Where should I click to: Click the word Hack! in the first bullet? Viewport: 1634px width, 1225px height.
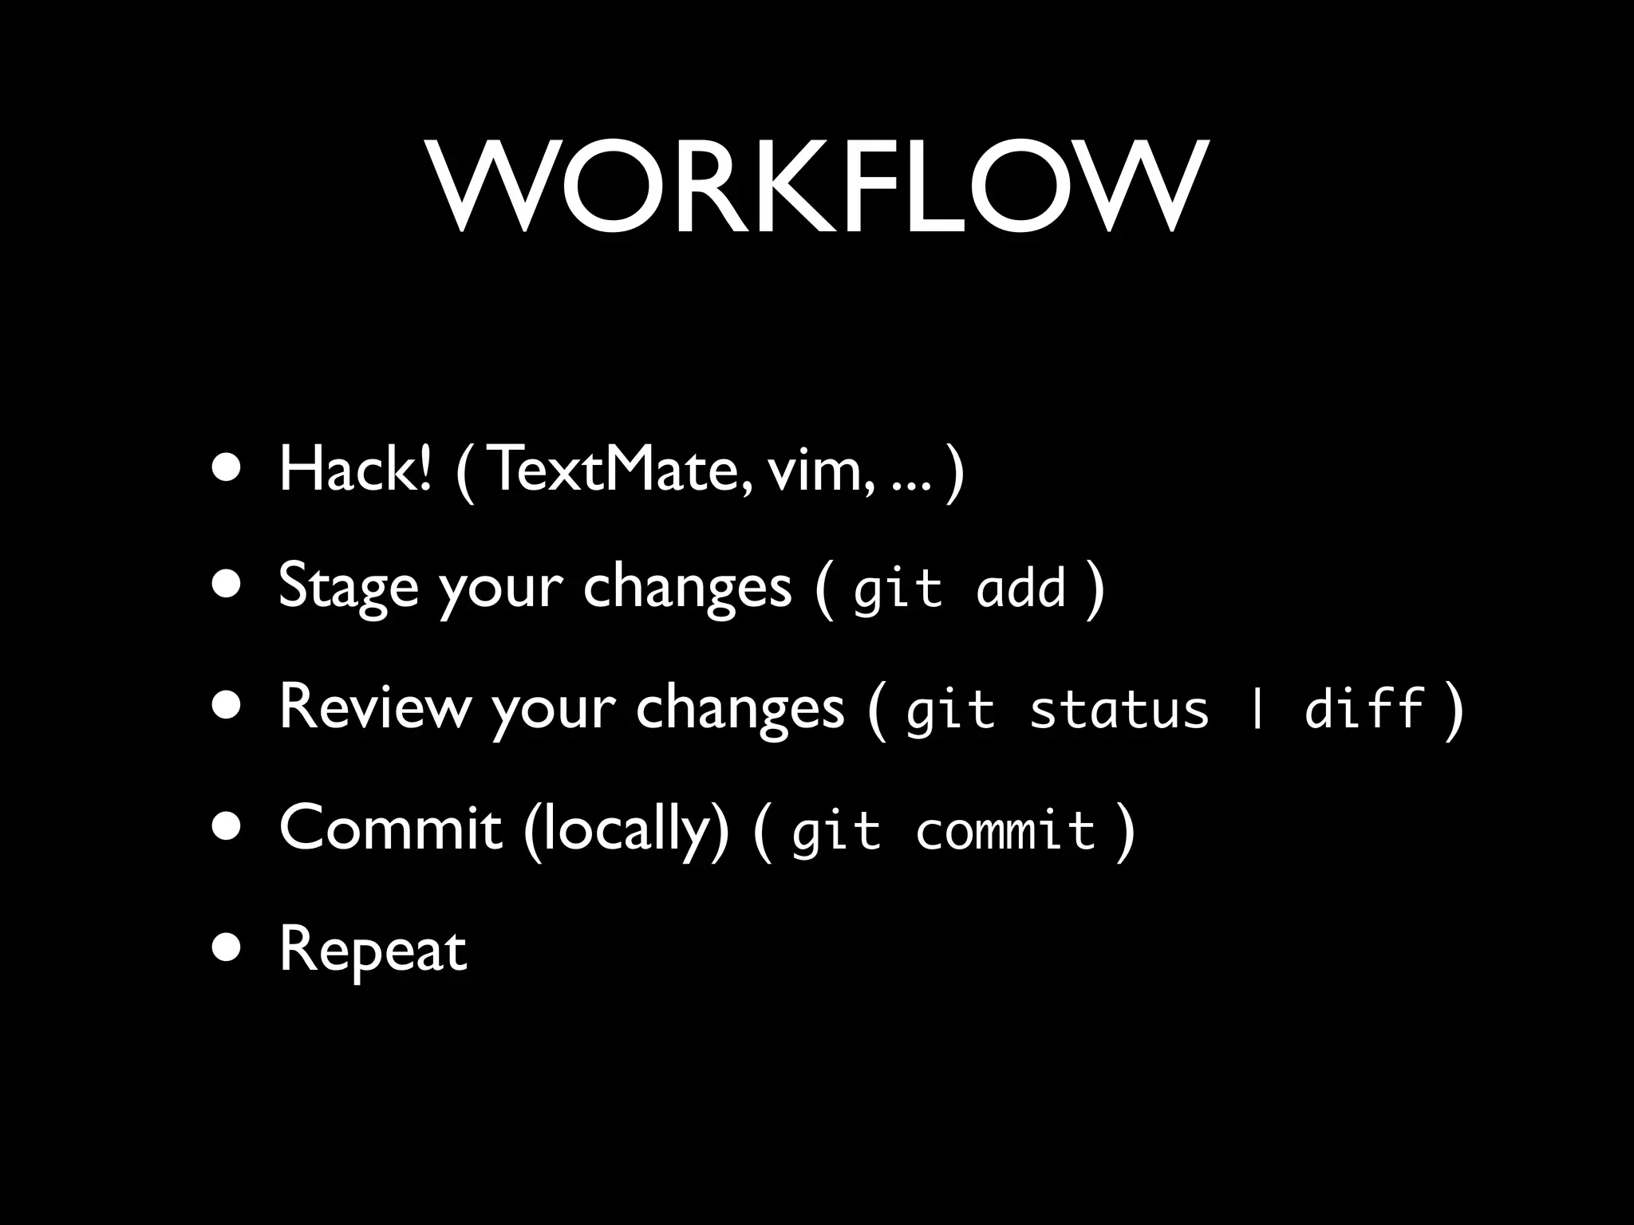click(x=355, y=470)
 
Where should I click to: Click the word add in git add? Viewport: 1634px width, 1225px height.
click(x=1021, y=589)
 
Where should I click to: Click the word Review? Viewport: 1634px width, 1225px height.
click(x=375, y=707)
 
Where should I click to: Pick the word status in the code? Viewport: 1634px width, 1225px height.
click(x=1119, y=708)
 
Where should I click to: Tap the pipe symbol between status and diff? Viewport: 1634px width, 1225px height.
click(x=1258, y=708)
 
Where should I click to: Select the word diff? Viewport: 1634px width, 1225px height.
click(x=1364, y=707)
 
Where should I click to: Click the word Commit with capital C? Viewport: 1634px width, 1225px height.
click(x=390, y=828)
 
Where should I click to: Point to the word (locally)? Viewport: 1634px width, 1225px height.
click(x=626, y=829)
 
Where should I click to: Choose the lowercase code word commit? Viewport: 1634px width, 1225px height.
click(x=1005, y=831)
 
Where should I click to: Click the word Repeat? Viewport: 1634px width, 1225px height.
click(x=373, y=951)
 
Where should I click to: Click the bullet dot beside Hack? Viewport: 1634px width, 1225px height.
click(x=227, y=469)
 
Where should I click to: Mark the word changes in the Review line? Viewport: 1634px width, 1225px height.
click(x=740, y=708)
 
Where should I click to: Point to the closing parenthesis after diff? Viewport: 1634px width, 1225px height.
click(x=1454, y=708)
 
